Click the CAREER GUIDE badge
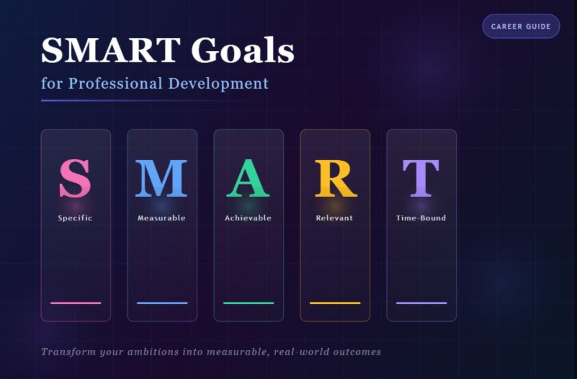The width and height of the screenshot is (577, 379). pos(521,27)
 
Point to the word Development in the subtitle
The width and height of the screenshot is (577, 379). pos(218,84)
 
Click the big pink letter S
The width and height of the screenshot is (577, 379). pos(75,179)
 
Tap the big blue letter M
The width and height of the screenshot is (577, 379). pos(161,179)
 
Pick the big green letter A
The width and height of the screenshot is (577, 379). pos(248,179)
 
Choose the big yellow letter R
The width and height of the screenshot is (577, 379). pos(335,179)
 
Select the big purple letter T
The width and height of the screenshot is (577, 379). pos(421,179)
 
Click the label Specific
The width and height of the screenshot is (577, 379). pos(75,218)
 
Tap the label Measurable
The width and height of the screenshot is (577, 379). pos(161,218)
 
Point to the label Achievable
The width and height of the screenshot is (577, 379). pos(248,218)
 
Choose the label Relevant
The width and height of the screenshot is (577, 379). pos(334,218)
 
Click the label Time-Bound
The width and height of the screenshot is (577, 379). pos(421,218)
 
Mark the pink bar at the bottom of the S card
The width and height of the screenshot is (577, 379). pos(76,303)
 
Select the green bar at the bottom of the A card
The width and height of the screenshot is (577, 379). pos(248,303)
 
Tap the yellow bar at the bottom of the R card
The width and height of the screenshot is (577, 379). pos(335,303)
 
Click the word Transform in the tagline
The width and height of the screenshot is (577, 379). pos(68,352)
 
